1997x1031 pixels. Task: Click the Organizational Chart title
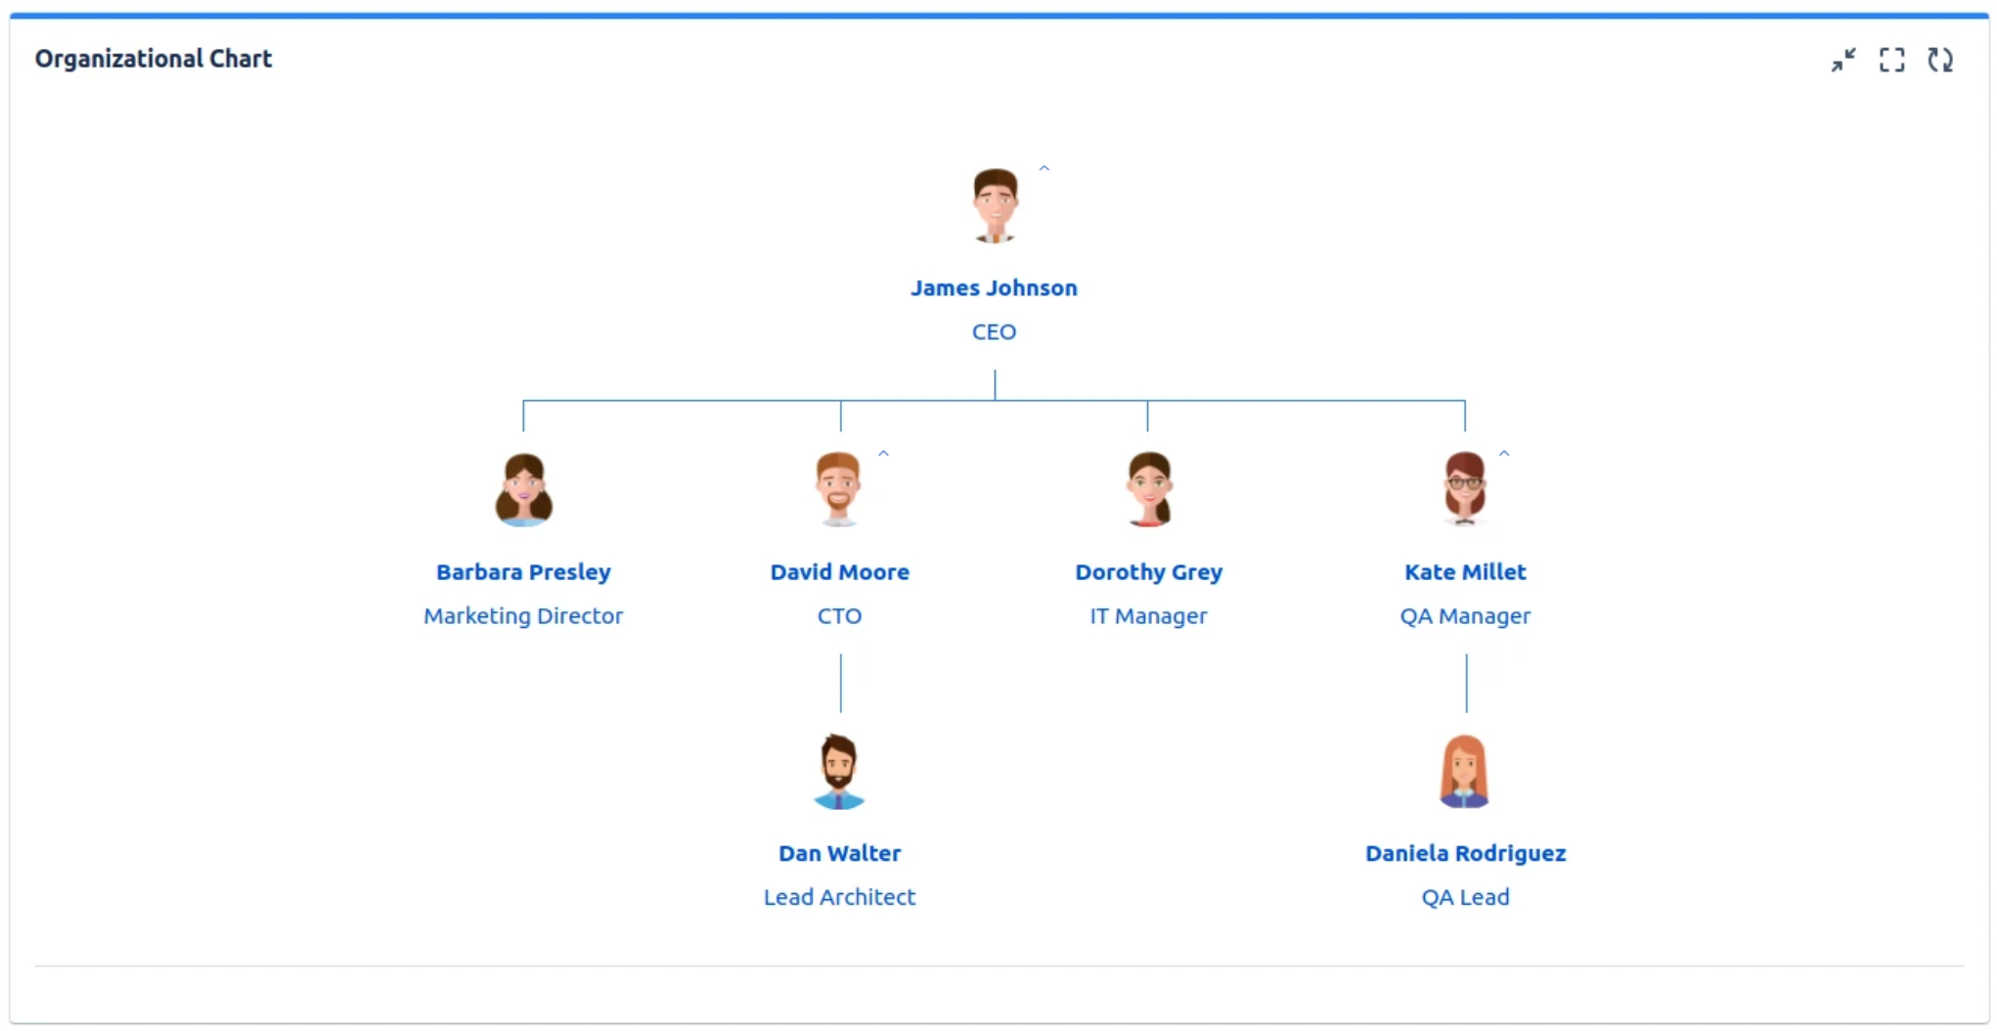coord(154,59)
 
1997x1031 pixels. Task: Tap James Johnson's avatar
coord(995,205)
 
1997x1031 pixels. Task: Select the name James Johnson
coord(994,288)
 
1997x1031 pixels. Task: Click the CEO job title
coord(994,332)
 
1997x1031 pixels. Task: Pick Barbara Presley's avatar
coord(523,489)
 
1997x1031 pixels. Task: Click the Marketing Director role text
coord(523,615)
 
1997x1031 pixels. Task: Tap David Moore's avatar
coord(839,489)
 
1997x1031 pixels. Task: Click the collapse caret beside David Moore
coord(883,454)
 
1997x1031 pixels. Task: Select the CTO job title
coord(839,615)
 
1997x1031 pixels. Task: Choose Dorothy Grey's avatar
coord(1149,489)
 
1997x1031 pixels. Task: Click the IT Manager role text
coord(1148,615)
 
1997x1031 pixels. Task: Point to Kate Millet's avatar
coord(1464,489)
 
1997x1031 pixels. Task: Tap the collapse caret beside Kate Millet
coord(1504,454)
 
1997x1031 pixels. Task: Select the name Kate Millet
coord(1465,572)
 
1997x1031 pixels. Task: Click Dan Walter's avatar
coord(839,772)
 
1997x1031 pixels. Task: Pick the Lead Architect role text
coord(839,897)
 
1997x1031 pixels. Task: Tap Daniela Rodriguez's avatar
coord(1464,772)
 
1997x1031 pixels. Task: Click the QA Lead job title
coord(1465,897)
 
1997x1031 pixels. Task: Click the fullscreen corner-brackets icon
coord(1891,60)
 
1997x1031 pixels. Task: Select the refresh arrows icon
coord(1940,60)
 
